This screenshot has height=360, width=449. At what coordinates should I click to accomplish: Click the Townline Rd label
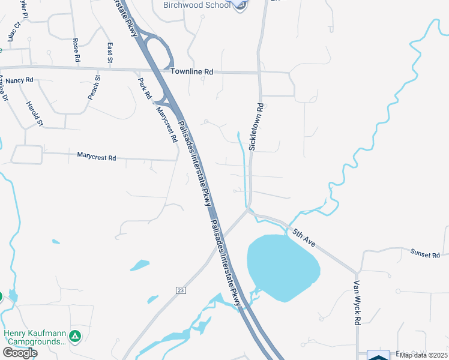pos(192,72)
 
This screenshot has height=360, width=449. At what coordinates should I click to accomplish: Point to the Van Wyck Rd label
pos(357,303)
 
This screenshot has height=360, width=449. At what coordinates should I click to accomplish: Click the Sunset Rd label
pos(426,255)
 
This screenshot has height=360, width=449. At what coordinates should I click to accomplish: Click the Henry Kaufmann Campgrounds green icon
pos(75,336)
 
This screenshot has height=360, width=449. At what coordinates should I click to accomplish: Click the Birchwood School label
pos(196,5)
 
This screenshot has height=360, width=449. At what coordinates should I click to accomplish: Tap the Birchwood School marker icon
pos(241,5)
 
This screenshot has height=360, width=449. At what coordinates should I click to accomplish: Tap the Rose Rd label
pos(76,50)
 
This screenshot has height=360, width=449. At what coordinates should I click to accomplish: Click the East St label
pos(110,52)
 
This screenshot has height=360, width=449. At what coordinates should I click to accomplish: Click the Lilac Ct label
pos(13,31)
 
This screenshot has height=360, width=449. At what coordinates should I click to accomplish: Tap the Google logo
pos(20,353)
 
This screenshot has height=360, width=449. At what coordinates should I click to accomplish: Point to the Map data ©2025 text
pos(423,355)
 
